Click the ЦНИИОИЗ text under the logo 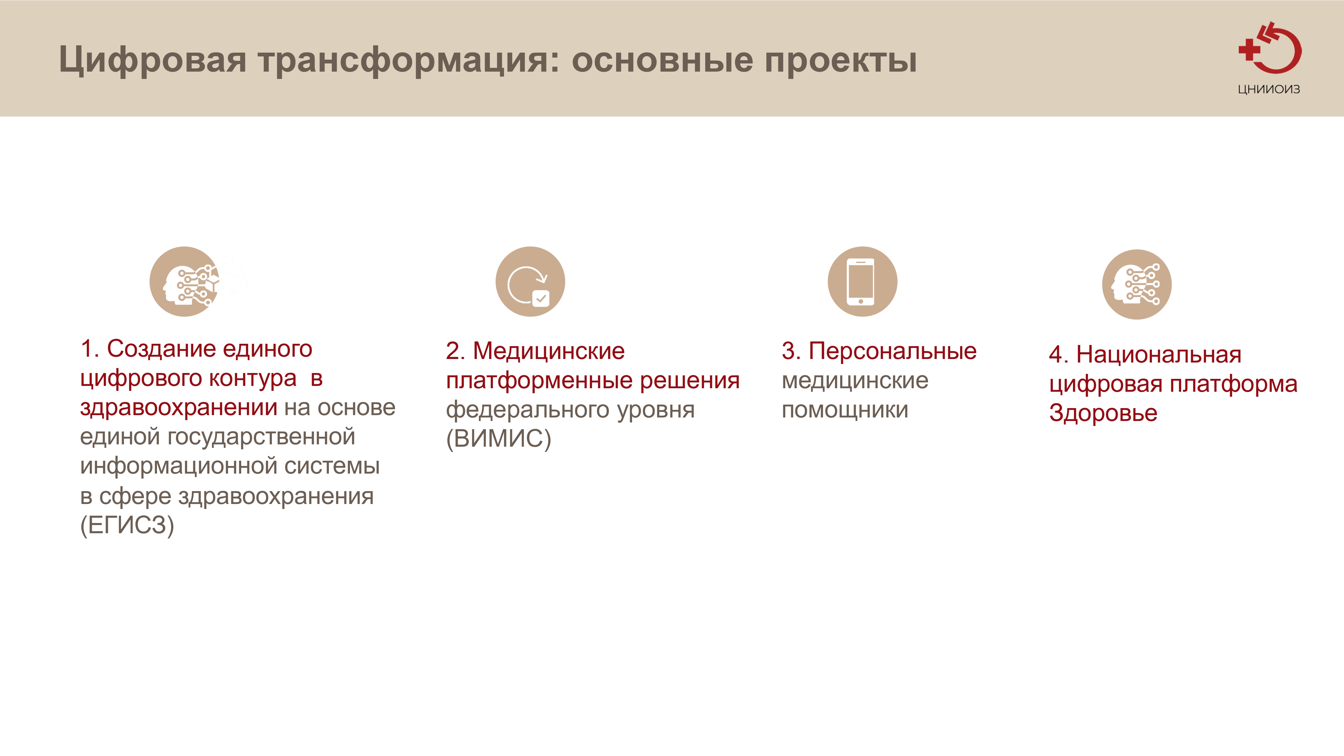(1269, 89)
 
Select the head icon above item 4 (1137, 284)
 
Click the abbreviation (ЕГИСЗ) (127, 525)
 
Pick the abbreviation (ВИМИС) (498, 438)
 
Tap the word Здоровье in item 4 (1103, 413)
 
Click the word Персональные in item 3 (892, 351)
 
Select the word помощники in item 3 (845, 410)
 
